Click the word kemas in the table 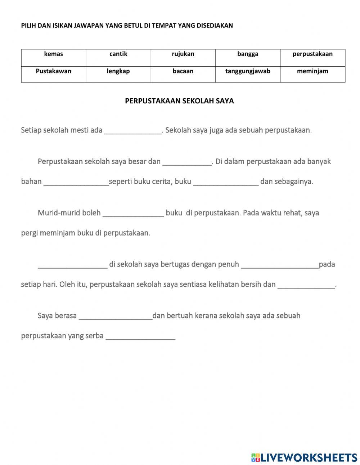point(53,54)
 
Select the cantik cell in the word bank point(118,54)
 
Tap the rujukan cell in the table point(183,54)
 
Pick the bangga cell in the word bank point(248,54)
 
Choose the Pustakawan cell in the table point(53,71)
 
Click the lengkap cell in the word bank point(118,71)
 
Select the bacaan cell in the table point(183,71)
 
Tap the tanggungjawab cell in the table point(248,71)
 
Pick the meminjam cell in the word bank point(312,71)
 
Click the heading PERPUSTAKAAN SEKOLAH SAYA point(179,101)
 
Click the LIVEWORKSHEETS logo point(304,457)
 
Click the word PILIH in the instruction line point(28,26)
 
